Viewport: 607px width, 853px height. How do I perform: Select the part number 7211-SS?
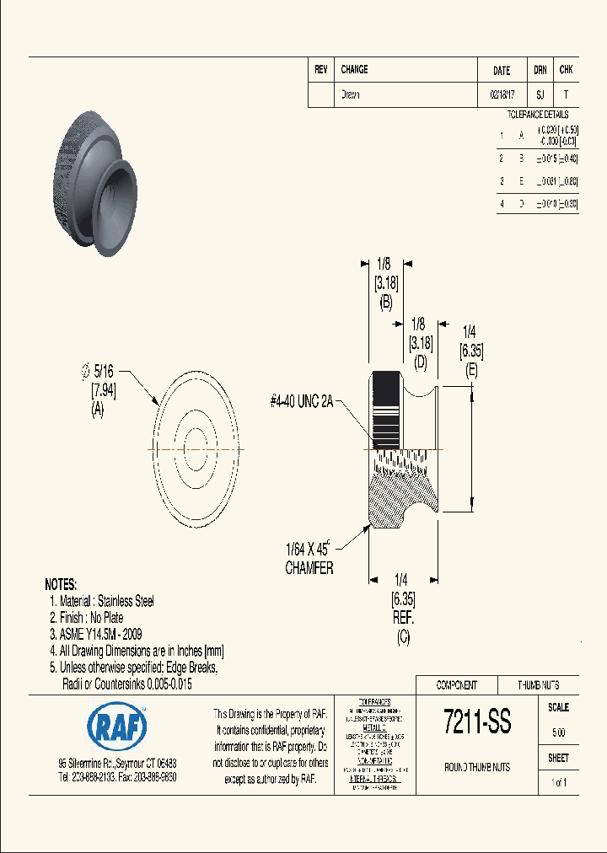pyautogui.click(x=476, y=722)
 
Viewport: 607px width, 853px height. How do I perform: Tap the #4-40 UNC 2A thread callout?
pyautogui.click(x=302, y=403)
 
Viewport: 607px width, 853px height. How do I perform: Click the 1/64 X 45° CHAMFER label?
pyautogui.click(x=309, y=561)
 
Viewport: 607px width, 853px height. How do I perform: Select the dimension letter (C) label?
pyautogui.click(x=402, y=638)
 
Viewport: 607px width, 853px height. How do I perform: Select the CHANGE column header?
pyautogui.click(x=354, y=70)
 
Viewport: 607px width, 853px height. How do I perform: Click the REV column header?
pyautogui.click(x=320, y=70)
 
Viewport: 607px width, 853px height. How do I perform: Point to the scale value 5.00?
pyautogui.click(x=557, y=732)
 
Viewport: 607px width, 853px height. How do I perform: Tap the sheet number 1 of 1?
pyautogui.click(x=558, y=782)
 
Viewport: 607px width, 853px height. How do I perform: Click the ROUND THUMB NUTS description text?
pyautogui.click(x=476, y=767)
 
